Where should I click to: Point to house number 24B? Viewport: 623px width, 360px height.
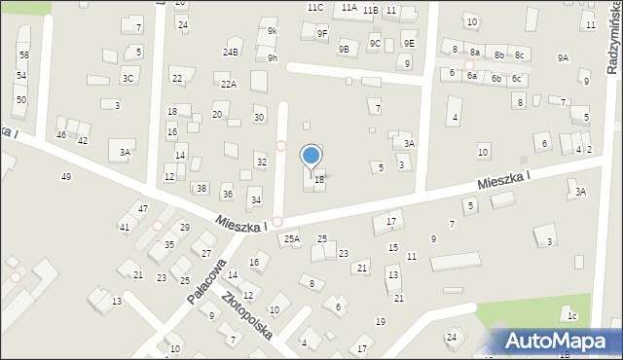[230, 52]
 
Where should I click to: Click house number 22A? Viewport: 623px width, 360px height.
[228, 85]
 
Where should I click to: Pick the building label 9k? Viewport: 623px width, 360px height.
[273, 31]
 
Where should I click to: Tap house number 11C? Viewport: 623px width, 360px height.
[314, 7]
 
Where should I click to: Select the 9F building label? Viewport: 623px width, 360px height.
[322, 33]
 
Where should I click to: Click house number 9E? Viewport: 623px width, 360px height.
[409, 43]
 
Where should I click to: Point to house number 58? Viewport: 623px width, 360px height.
[23, 55]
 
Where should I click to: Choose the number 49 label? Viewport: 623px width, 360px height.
[65, 176]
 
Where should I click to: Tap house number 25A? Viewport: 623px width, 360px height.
[291, 238]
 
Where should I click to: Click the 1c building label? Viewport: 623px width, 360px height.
[573, 316]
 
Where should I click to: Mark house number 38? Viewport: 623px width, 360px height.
[201, 188]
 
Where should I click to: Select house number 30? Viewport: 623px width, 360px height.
[258, 118]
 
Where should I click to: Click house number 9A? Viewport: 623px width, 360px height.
[563, 58]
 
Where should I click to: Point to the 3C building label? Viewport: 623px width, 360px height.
[128, 78]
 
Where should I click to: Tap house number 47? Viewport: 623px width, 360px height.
[142, 209]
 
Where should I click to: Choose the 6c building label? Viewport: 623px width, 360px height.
[517, 78]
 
